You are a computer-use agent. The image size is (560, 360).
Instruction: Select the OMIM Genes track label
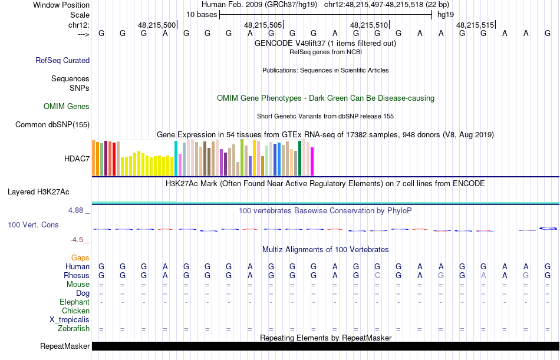(x=67, y=107)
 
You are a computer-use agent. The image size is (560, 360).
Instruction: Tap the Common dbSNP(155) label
(x=52, y=124)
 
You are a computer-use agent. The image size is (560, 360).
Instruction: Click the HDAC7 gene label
(x=77, y=158)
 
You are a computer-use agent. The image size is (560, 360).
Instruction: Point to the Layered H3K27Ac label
(x=38, y=191)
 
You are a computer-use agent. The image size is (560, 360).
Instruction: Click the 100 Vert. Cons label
(x=33, y=224)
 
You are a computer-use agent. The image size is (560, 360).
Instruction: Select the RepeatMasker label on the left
(x=65, y=346)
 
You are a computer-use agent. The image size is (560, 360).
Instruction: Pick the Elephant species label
(x=74, y=302)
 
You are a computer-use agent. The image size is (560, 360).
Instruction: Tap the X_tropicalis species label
(x=70, y=319)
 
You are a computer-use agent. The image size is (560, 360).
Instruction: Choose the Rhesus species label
(x=77, y=275)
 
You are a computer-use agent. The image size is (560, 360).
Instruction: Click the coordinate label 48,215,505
(x=263, y=25)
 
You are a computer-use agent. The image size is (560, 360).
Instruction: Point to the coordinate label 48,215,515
(x=475, y=25)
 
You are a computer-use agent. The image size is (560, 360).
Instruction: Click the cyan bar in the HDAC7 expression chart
(x=176, y=158)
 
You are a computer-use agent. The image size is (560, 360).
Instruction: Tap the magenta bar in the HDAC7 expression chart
(x=312, y=161)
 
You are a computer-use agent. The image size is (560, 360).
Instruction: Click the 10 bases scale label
(x=202, y=15)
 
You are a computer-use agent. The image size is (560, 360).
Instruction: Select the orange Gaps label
(x=80, y=257)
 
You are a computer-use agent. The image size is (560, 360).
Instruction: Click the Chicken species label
(x=75, y=311)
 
